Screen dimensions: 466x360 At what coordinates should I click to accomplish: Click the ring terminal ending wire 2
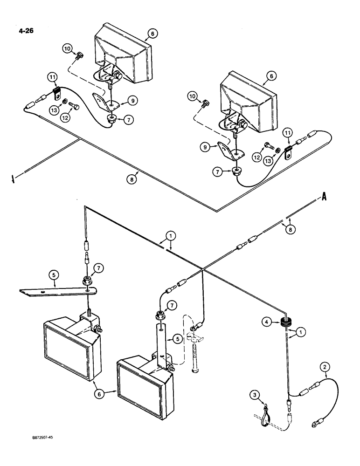(313, 424)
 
